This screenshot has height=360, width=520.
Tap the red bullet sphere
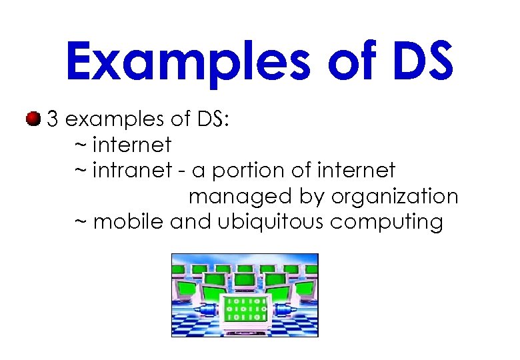click(x=31, y=119)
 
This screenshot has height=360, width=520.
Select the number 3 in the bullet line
click(x=53, y=120)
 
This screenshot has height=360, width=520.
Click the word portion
click(x=245, y=171)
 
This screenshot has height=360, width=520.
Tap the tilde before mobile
click(x=80, y=222)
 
